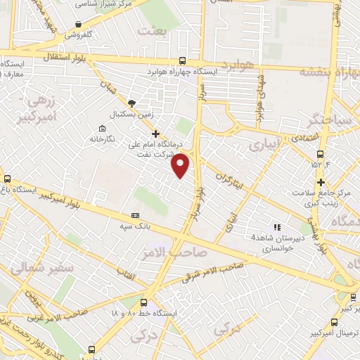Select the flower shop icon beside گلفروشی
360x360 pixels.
tap(77, 25)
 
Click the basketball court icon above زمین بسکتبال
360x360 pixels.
tap(131, 103)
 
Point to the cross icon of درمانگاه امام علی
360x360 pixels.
tap(155, 134)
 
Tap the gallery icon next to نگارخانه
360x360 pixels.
tap(103, 129)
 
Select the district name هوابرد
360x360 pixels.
tap(240, 65)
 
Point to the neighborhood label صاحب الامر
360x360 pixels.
tap(180, 251)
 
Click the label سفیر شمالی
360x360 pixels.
tap(37, 267)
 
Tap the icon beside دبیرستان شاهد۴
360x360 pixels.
tap(277, 227)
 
